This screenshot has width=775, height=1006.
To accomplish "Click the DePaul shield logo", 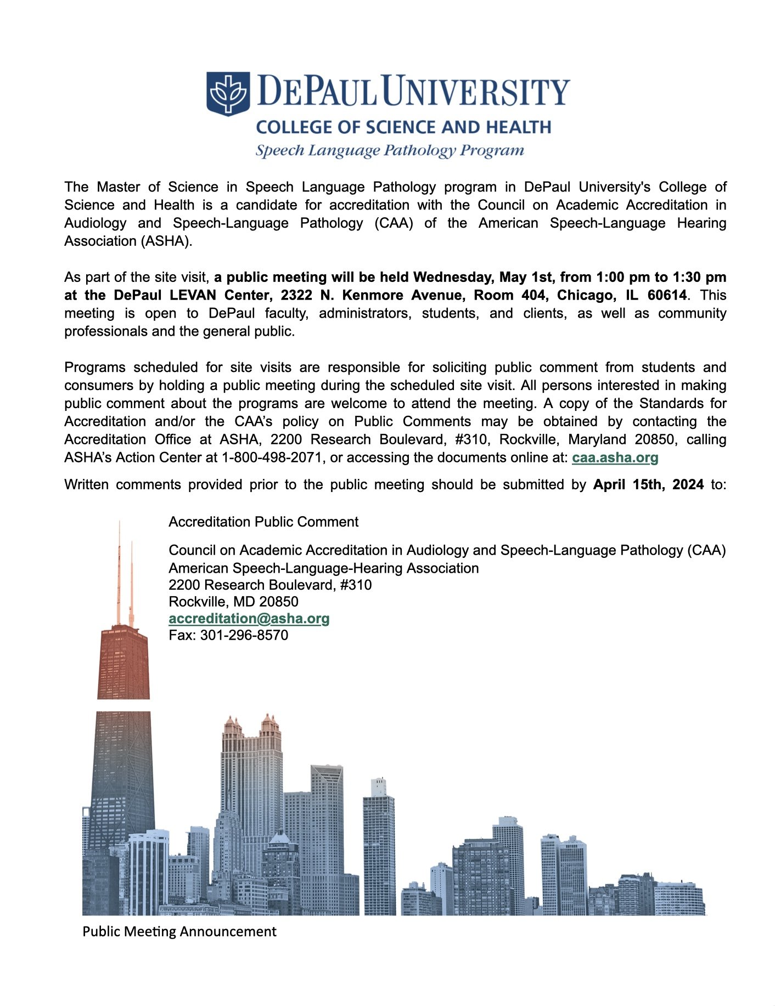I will pos(228,93).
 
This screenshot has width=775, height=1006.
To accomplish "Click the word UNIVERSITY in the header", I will pos(475,92).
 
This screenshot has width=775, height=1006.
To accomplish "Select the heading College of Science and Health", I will pos(403,127).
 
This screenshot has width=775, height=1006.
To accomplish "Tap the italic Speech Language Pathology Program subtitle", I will pos(390,150).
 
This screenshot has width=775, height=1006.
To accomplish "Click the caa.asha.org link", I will pos(615,457).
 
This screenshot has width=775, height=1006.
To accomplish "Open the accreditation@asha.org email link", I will pos(249,618).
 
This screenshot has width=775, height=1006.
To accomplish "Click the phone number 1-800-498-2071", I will pos(272,457).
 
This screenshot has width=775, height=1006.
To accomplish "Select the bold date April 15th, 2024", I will pos(648,484).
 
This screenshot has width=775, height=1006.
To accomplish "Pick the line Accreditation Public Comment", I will pos(263,522).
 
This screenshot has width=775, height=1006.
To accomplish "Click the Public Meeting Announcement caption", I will pos(179,931).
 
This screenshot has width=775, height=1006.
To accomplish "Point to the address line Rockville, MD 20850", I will pos(233,602).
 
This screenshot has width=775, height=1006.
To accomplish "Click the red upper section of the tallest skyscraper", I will pos(123,664).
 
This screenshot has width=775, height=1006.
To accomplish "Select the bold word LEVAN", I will pos(192,295).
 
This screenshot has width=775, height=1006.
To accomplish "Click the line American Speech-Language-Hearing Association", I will pos(323,568).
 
